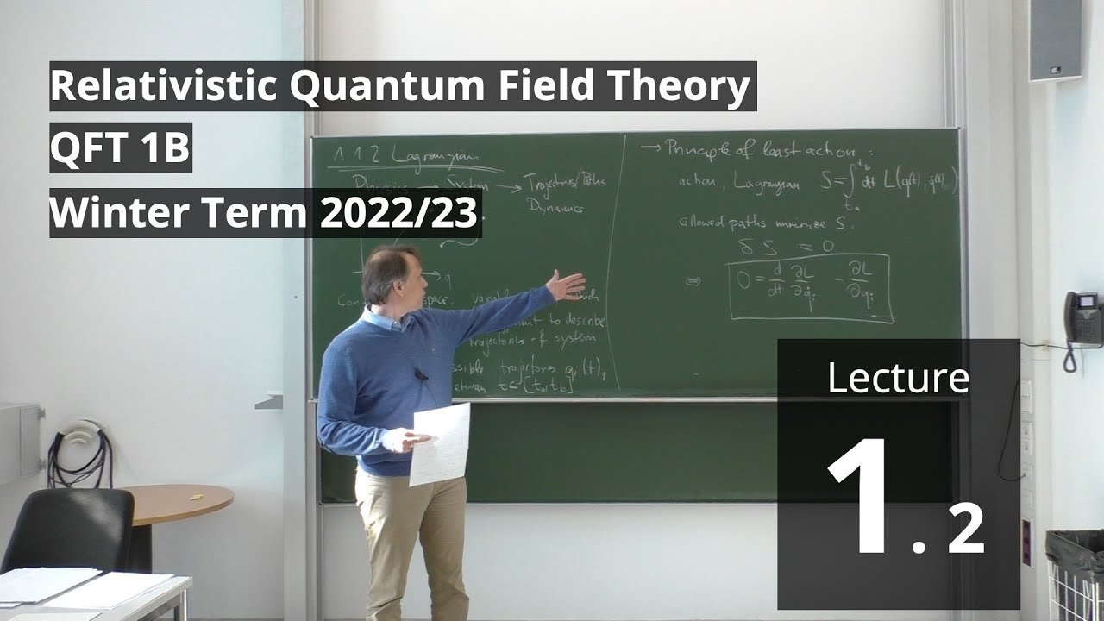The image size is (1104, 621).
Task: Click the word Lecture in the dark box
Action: (x=898, y=378)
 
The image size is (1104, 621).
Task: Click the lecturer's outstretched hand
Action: (x=566, y=285)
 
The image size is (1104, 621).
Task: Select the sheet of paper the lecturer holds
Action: (x=440, y=442)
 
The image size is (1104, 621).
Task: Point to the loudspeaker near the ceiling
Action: (x=1054, y=40)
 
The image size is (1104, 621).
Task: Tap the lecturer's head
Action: (x=391, y=274)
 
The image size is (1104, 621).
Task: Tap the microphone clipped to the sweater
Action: (x=420, y=376)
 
